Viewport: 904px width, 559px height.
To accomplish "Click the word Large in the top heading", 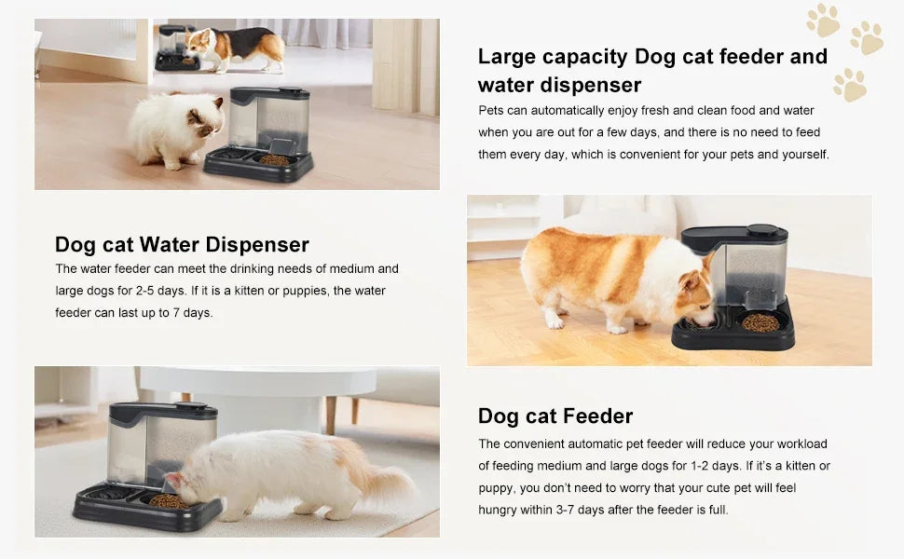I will click(x=509, y=57).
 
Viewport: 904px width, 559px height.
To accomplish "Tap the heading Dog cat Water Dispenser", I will click(x=182, y=245).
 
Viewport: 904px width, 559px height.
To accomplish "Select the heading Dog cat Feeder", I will click(x=555, y=416).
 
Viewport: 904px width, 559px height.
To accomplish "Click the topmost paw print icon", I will click(x=823, y=20).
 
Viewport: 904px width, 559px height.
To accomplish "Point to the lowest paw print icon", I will click(x=849, y=85).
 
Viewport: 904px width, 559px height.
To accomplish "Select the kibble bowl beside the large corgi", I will click(x=760, y=323).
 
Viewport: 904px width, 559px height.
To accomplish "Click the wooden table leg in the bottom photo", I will click(x=330, y=415).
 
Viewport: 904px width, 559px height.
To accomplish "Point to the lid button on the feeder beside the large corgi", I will click(x=761, y=230).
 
